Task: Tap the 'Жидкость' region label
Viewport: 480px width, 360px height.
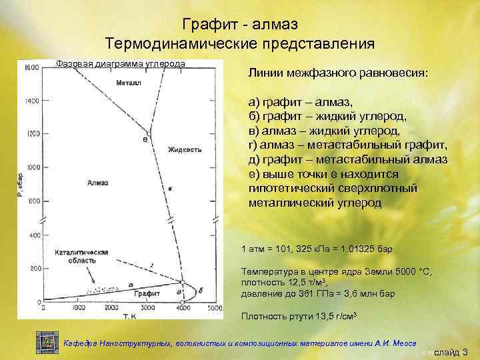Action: point(185,149)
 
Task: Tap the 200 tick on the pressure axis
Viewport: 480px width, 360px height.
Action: point(33,269)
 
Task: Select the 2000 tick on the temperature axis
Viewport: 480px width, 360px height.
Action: point(111,309)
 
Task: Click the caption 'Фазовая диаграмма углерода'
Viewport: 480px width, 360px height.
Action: point(120,63)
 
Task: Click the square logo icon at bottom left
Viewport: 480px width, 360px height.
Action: point(46,342)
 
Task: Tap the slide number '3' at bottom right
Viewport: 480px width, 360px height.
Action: point(465,352)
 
